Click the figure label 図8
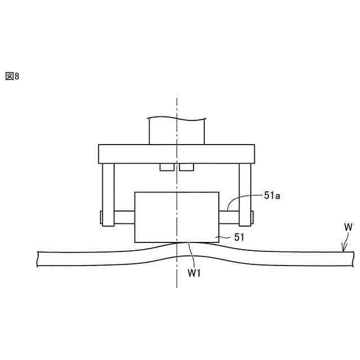click(x=12, y=76)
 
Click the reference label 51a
click(x=272, y=196)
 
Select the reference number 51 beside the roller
click(x=239, y=237)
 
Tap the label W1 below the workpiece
click(x=194, y=273)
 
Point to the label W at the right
click(x=348, y=227)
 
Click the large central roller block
click(x=177, y=217)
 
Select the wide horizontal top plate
click(x=177, y=154)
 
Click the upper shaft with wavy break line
click(x=177, y=131)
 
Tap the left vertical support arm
click(x=108, y=195)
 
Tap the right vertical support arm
click(x=245, y=195)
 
